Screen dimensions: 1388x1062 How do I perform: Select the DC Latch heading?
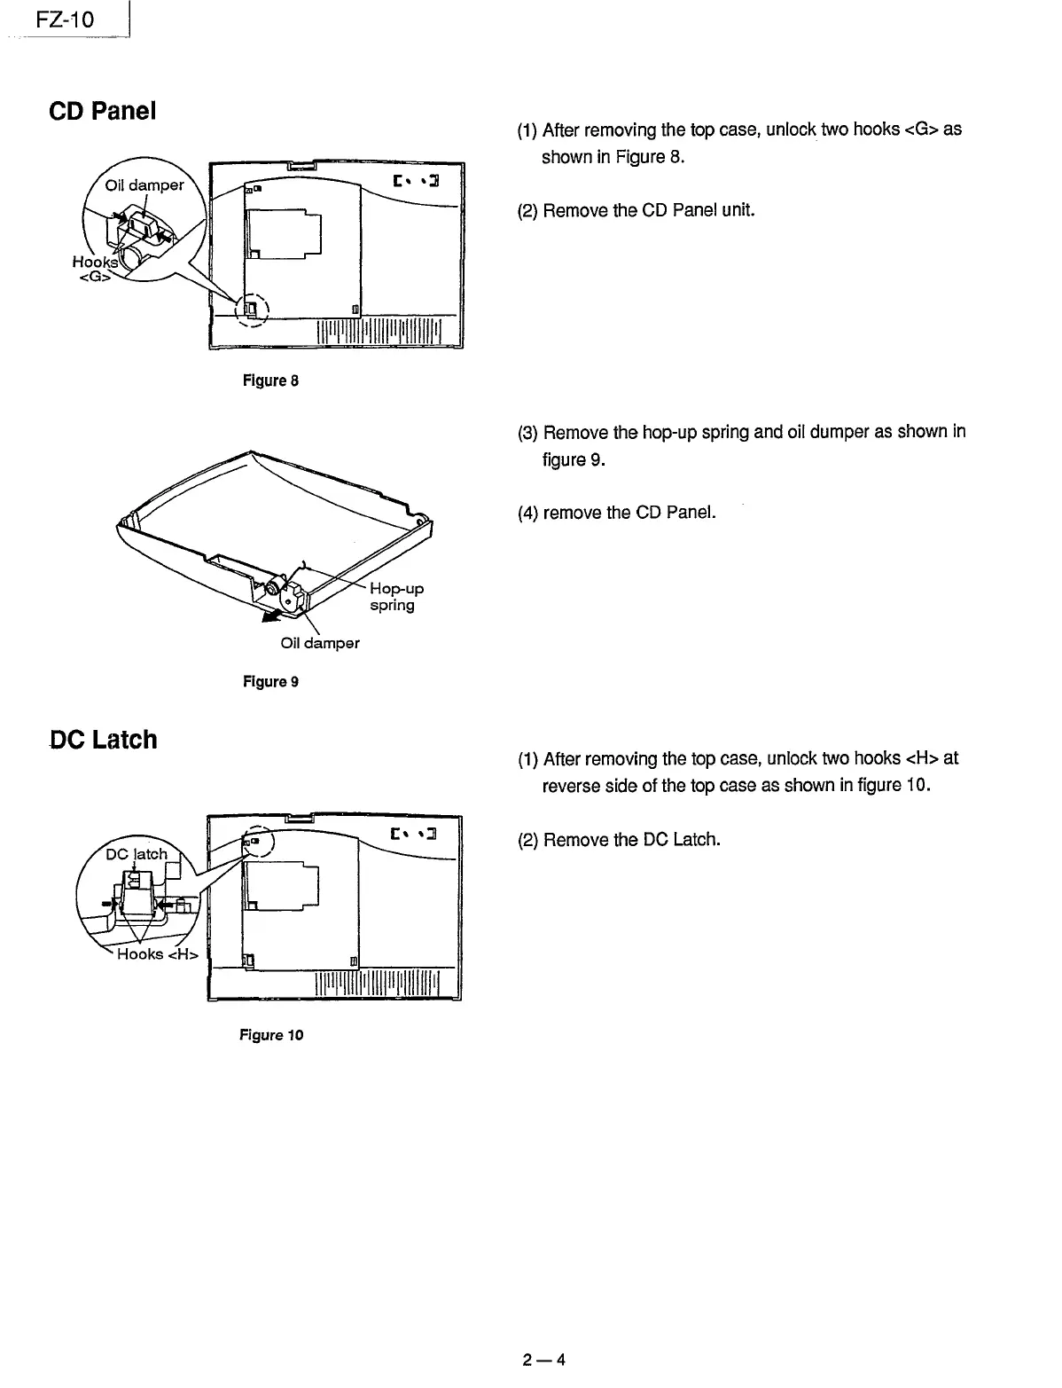tap(103, 739)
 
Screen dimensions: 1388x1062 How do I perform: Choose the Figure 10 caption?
tap(270, 1035)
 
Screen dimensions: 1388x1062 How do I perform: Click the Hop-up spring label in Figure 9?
tap(395, 597)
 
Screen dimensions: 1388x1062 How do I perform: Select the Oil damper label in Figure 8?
tap(144, 185)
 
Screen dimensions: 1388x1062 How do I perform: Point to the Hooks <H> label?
tap(158, 954)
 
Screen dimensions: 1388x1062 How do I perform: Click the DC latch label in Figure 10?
tap(137, 854)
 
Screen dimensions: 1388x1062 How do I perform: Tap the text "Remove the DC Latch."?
tap(631, 839)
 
